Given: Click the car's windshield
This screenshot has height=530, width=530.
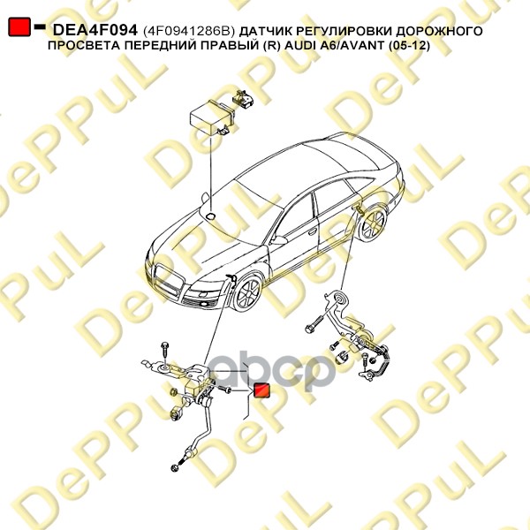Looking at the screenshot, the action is pyautogui.click(x=265, y=190).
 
